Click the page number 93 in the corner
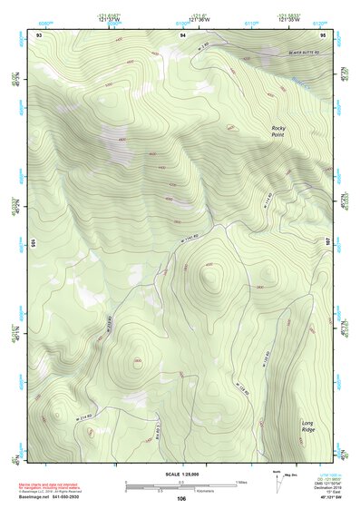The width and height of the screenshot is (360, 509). coord(39,34)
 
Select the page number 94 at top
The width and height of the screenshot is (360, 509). coord(182,34)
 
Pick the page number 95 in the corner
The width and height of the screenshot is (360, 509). coord(323,34)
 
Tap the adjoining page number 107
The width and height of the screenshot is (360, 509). coord(329,242)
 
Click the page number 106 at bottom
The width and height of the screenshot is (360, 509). coord(181,498)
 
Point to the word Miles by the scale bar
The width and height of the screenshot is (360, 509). coord(242,481)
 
